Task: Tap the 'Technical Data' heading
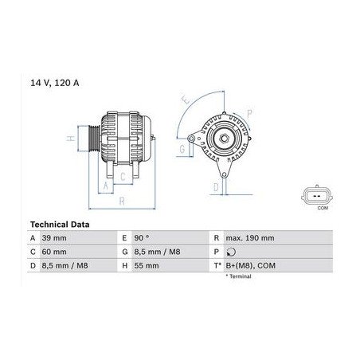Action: tap(59, 225)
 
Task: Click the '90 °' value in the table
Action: tap(142, 237)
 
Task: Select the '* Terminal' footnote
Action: tap(238, 276)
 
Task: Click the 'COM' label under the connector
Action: tap(322, 207)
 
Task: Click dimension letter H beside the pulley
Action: tap(71, 139)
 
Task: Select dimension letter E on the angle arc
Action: tap(186, 101)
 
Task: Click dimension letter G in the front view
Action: tap(182, 149)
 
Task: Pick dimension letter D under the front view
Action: tap(215, 187)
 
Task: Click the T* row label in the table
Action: tap(217, 264)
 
